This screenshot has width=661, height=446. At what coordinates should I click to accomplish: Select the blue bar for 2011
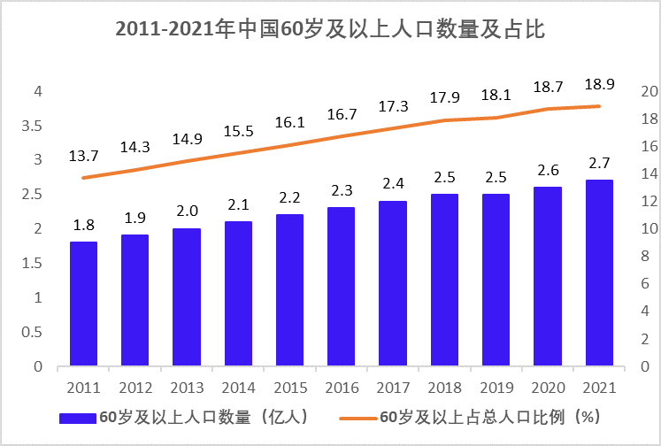[x=83, y=304]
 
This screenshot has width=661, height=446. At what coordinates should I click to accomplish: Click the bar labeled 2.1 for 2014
[x=238, y=294]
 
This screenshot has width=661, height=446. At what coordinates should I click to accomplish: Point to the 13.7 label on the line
[x=83, y=156]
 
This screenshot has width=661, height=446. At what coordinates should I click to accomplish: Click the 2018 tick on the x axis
[x=445, y=388]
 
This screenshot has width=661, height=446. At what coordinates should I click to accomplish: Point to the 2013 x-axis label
[x=187, y=388]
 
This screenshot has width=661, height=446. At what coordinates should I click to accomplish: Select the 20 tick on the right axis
[x=648, y=91]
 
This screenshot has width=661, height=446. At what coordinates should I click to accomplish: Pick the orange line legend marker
[x=354, y=417]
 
